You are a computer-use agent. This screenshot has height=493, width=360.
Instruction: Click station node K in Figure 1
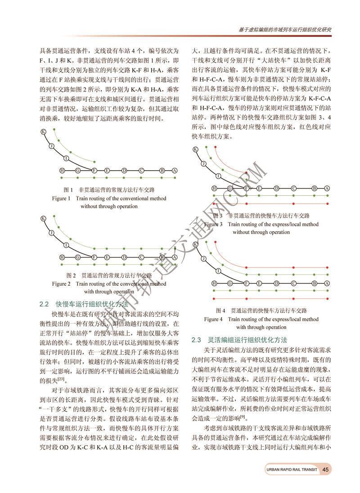pos(43,132)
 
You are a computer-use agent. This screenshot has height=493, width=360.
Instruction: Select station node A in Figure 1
pos(175,171)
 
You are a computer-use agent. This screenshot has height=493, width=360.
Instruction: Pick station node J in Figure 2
pos(52,232)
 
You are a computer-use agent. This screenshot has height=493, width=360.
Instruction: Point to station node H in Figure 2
pos(62,257)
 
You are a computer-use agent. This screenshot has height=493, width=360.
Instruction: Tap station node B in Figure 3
pos(314,188)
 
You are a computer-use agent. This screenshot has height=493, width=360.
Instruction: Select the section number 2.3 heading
pos(199,339)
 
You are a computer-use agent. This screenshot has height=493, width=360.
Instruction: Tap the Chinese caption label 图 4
pos(220,311)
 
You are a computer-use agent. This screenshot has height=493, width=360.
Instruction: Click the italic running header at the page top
pos(285,29)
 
